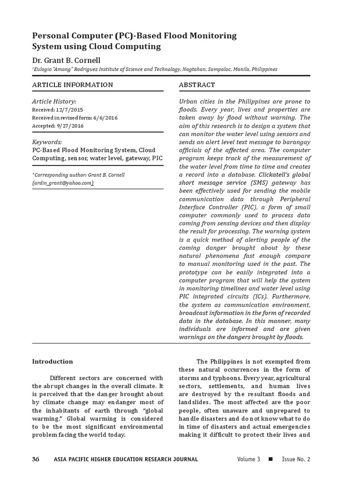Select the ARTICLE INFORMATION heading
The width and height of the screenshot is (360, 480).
click(x=72, y=85)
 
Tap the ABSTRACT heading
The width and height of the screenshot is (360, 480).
click(x=197, y=85)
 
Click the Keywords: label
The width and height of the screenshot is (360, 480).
click(x=47, y=142)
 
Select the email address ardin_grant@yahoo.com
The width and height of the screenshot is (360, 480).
click(x=63, y=183)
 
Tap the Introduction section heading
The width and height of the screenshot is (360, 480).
click(x=52, y=361)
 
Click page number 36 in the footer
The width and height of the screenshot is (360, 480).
click(x=36, y=459)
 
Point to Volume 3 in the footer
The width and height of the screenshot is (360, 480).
click(x=248, y=459)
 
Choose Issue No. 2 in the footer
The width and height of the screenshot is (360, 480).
click(x=296, y=459)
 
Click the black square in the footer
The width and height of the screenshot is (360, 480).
click(x=270, y=459)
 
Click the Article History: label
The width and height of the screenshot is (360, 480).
click(x=54, y=101)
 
